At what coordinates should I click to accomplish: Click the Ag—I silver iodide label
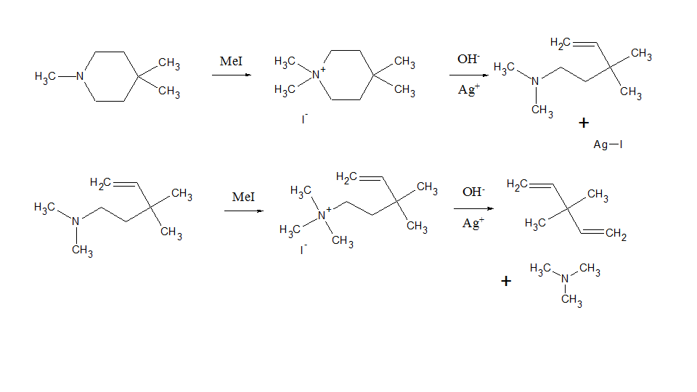[608, 144]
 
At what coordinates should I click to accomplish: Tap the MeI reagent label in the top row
[231, 62]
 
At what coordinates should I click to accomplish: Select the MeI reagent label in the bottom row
[243, 197]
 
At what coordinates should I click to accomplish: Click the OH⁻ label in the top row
[468, 60]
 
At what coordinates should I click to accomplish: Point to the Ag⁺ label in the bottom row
[472, 224]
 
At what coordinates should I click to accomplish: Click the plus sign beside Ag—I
[584, 123]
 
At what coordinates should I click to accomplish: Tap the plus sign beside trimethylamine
[506, 281]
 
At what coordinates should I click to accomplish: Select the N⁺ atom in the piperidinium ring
[317, 74]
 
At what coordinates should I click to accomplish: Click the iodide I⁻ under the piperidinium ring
[304, 118]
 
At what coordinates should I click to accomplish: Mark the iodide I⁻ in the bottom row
[304, 249]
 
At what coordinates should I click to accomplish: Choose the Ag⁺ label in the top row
[468, 91]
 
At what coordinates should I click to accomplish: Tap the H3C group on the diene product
[535, 224]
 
